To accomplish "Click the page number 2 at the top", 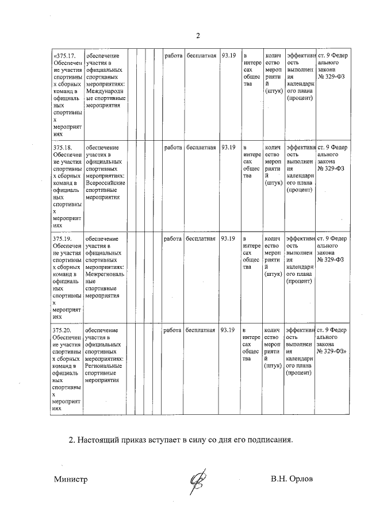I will [197, 36].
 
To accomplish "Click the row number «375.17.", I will [64, 56].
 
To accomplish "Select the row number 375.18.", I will [62, 148].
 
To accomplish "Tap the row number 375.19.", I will [62, 238].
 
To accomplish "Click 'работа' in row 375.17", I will [172, 56].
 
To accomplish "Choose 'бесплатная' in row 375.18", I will [201, 148].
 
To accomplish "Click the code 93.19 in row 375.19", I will [228, 238].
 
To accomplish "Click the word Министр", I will [71, 480].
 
